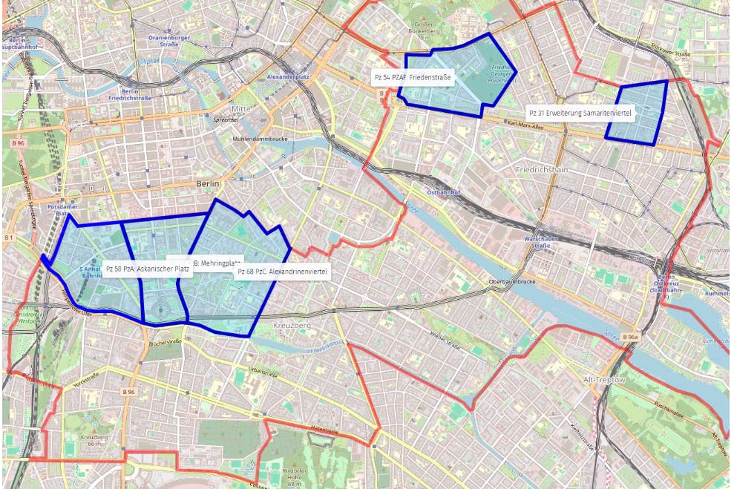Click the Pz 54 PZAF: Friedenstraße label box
click(x=412, y=77)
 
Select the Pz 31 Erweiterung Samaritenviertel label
click(x=580, y=112)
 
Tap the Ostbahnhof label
click(x=445, y=191)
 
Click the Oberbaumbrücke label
click(x=513, y=283)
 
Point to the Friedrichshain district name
click(x=541, y=170)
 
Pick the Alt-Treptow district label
click(x=606, y=379)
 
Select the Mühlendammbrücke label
click(x=259, y=139)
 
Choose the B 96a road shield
click(x=630, y=338)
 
